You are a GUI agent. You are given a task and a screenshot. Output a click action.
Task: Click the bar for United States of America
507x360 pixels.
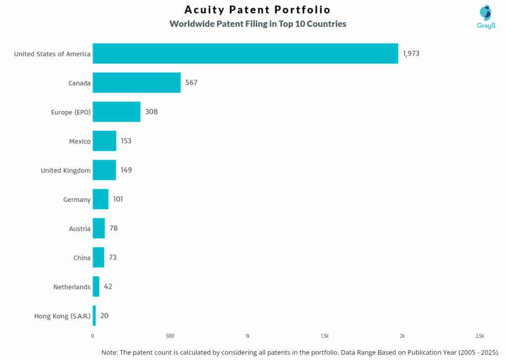[245, 53]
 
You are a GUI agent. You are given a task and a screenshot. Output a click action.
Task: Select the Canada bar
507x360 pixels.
[137, 83]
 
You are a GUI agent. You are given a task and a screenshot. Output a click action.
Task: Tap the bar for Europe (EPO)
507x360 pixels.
[116, 112]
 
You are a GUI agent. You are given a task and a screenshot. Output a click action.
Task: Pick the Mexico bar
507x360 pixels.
[104, 141]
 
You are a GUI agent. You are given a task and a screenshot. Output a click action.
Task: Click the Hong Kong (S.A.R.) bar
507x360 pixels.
[94, 316]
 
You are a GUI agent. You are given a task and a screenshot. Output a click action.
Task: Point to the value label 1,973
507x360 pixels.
[411, 53]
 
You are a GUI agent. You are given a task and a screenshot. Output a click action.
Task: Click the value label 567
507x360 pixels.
[191, 83]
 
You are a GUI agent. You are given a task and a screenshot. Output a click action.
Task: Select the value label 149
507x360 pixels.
[126, 170]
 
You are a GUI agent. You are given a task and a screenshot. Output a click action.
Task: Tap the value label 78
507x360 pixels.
[113, 228]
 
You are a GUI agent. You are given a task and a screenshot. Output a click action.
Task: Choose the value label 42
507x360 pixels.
[108, 287]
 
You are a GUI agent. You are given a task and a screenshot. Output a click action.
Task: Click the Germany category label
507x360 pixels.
[77, 200]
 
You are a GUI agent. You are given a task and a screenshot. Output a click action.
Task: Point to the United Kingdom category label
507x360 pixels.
[65, 170]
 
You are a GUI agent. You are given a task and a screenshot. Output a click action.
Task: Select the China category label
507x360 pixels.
[82, 257]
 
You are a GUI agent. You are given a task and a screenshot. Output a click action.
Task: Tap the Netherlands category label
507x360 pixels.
[72, 287]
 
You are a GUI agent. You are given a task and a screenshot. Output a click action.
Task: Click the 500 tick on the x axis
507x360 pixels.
[170, 336]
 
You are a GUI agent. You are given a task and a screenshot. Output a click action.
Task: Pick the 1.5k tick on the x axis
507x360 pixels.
[325, 336]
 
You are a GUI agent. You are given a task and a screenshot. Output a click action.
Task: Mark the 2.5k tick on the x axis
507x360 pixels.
[479, 336]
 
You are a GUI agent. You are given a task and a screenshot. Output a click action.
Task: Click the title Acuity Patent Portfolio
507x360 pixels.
[257, 10]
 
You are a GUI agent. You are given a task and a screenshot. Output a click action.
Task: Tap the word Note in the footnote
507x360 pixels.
[110, 352]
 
